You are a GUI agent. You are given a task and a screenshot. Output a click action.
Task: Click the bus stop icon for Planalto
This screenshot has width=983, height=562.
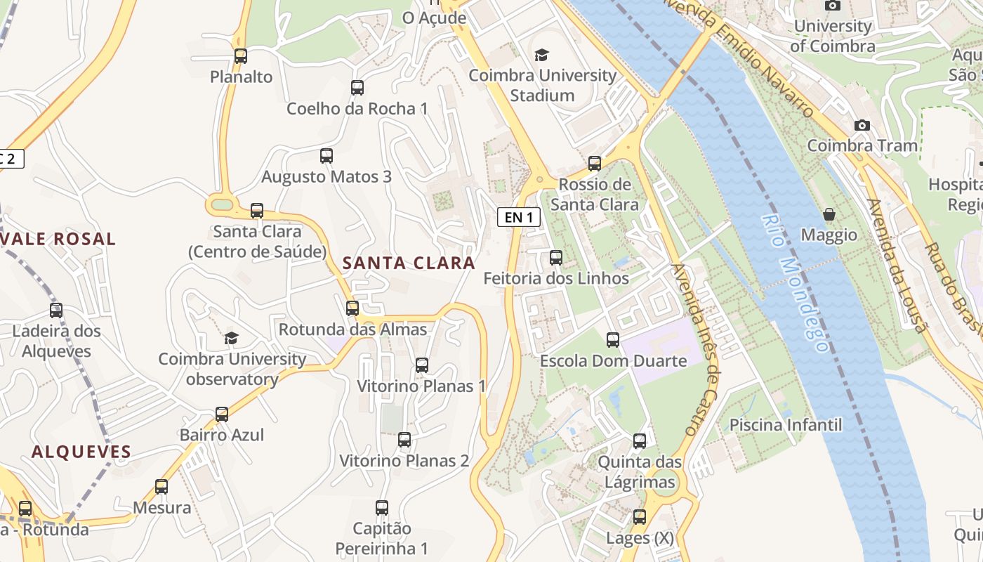(x=241, y=56)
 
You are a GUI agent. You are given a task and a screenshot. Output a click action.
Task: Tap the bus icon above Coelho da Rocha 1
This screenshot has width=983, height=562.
(x=357, y=88)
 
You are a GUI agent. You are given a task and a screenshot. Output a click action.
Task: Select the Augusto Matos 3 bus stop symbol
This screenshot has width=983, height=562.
(x=326, y=156)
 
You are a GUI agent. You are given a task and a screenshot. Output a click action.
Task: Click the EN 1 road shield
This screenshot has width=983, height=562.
(x=519, y=218)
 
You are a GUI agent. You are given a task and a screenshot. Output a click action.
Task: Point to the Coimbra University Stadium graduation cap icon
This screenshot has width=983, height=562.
(x=541, y=55)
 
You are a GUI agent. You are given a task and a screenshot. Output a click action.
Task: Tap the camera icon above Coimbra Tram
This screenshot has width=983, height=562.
(x=862, y=125)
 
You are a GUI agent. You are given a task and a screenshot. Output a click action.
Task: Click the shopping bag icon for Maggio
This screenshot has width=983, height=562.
(x=829, y=214)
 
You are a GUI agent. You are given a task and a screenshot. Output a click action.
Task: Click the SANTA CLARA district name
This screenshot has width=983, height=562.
(x=409, y=263)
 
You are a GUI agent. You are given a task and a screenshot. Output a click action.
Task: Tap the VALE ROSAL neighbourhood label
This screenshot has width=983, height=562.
(x=58, y=239)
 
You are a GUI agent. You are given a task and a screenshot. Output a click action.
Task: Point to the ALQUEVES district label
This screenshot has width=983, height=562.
(x=81, y=452)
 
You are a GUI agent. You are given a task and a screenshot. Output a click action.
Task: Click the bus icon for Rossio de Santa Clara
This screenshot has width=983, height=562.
(x=595, y=164)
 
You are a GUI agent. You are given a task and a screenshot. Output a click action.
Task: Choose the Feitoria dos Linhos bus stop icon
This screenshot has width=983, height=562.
(x=556, y=258)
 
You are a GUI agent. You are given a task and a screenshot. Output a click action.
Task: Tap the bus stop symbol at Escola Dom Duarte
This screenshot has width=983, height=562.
(x=613, y=340)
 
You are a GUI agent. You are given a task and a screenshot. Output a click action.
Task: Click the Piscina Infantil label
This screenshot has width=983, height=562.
(x=785, y=425)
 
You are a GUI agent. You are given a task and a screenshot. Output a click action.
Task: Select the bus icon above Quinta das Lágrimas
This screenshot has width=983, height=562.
(x=640, y=441)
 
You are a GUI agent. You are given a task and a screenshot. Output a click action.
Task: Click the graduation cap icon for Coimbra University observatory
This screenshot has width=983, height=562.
(x=232, y=339)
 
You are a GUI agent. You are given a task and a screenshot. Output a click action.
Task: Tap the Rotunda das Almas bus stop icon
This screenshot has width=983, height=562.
(x=352, y=308)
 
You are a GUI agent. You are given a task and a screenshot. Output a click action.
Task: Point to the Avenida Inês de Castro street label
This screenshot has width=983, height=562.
(x=694, y=349)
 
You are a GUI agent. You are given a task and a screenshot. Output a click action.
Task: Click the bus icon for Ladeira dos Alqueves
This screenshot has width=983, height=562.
(x=56, y=311)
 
